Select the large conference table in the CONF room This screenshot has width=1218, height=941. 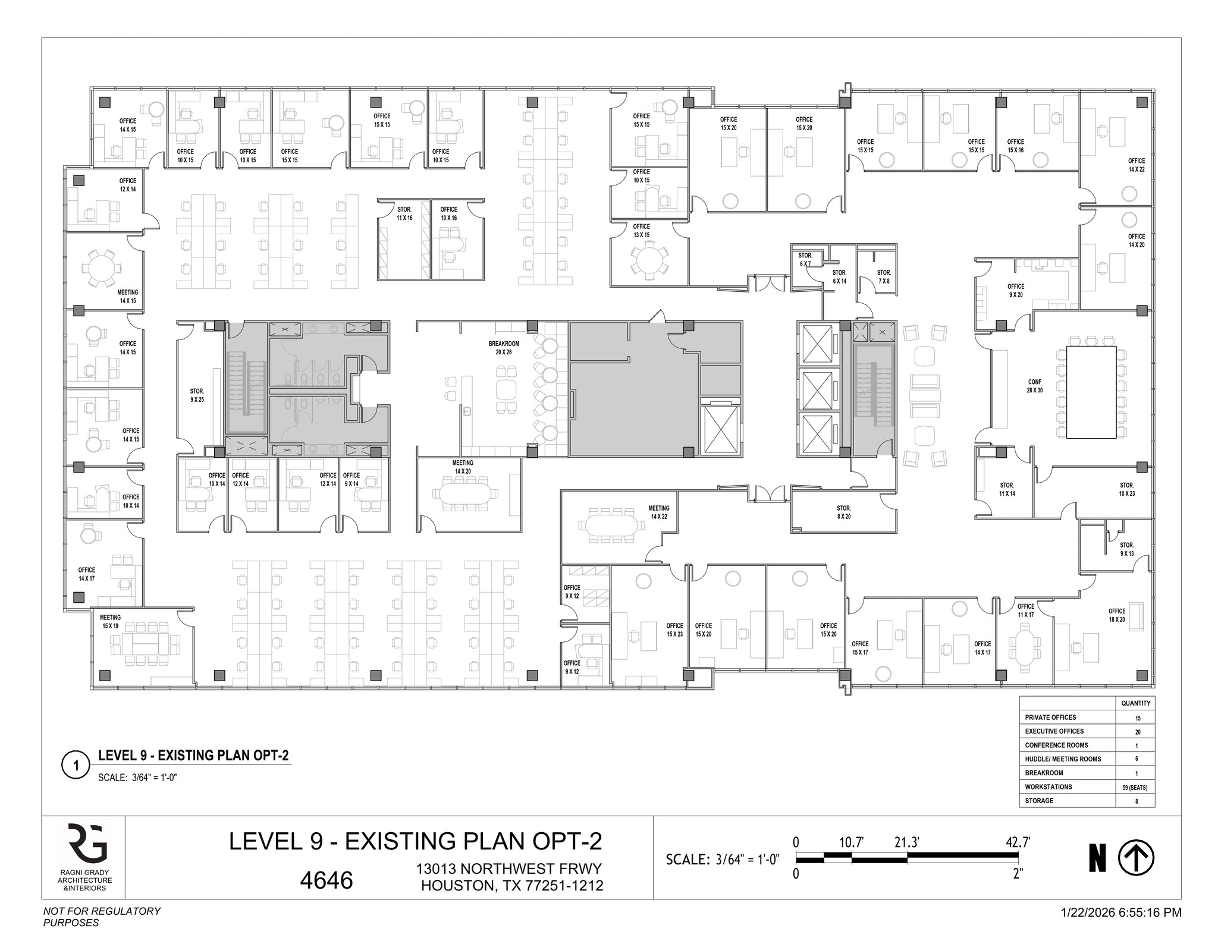click(x=1091, y=392)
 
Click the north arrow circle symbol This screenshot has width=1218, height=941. click(x=1136, y=858)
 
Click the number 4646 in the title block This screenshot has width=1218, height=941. click(x=326, y=880)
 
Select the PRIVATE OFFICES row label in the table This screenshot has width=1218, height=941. click(x=1050, y=717)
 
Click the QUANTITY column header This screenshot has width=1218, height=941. click(x=1135, y=703)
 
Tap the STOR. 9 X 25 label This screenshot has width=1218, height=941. click(x=197, y=395)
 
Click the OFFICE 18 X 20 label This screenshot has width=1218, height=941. click(x=1116, y=615)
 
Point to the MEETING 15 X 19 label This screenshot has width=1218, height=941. click(x=111, y=622)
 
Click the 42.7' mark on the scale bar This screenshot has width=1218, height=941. click(x=1018, y=842)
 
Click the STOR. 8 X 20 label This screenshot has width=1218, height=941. click(x=843, y=512)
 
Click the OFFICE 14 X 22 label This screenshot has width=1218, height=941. click(x=1136, y=165)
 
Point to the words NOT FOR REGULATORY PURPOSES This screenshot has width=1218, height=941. click(x=102, y=917)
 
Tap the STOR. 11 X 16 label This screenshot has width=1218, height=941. click(x=404, y=213)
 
